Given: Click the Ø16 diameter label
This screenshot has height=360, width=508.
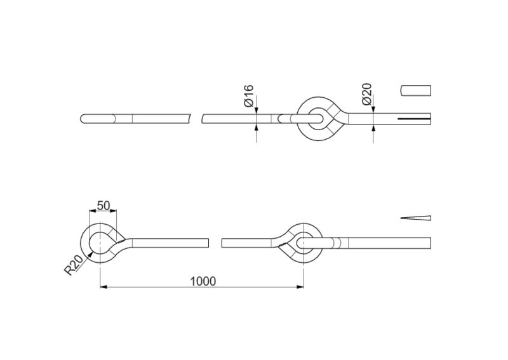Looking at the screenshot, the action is pyautogui.click(x=249, y=96).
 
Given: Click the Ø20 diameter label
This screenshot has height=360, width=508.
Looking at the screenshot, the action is pyautogui.click(x=366, y=94).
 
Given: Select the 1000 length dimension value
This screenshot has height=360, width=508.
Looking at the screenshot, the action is pyautogui.click(x=203, y=281).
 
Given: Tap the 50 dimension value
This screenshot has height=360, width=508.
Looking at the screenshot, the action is pyautogui.click(x=104, y=206).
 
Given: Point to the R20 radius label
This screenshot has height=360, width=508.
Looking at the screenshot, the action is pyautogui.click(x=74, y=265).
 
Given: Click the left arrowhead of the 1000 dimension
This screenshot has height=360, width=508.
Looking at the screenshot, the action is pyautogui.click(x=104, y=287).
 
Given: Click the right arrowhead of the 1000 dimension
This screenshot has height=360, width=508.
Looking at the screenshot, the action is pyautogui.click(x=300, y=287).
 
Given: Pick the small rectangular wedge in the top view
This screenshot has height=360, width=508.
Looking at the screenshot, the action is pyautogui.click(x=416, y=90).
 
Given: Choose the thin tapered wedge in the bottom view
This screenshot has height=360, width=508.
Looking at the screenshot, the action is pyautogui.click(x=416, y=218).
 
